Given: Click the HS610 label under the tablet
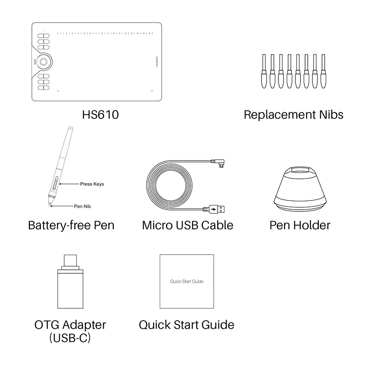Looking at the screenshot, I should [x=100, y=114].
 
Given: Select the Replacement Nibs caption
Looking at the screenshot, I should [x=294, y=114].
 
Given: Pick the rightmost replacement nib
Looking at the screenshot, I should [x=323, y=71].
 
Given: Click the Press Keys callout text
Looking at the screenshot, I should [x=92, y=184].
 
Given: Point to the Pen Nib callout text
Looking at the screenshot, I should [x=83, y=206].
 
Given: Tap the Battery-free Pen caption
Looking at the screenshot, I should [x=71, y=225].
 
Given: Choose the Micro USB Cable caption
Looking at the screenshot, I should [x=188, y=225].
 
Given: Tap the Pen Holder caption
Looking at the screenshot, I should [x=300, y=225].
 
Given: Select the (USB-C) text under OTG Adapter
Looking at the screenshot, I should [x=70, y=339].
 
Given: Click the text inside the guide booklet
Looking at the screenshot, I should [x=186, y=282].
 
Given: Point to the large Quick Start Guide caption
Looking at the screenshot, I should [x=186, y=325].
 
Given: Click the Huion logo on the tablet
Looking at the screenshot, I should [x=156, y=61].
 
